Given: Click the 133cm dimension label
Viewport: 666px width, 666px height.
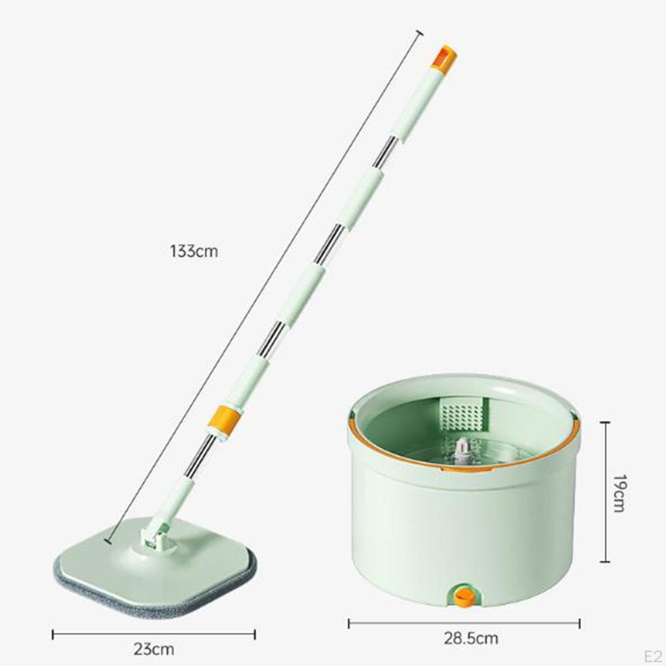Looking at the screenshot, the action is click(194, 251).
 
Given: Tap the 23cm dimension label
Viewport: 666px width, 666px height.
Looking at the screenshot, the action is click(153, 649).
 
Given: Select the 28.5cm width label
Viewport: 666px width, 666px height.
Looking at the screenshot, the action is click(471, 638).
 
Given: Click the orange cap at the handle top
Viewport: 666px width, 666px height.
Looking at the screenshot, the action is click(445, 57).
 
